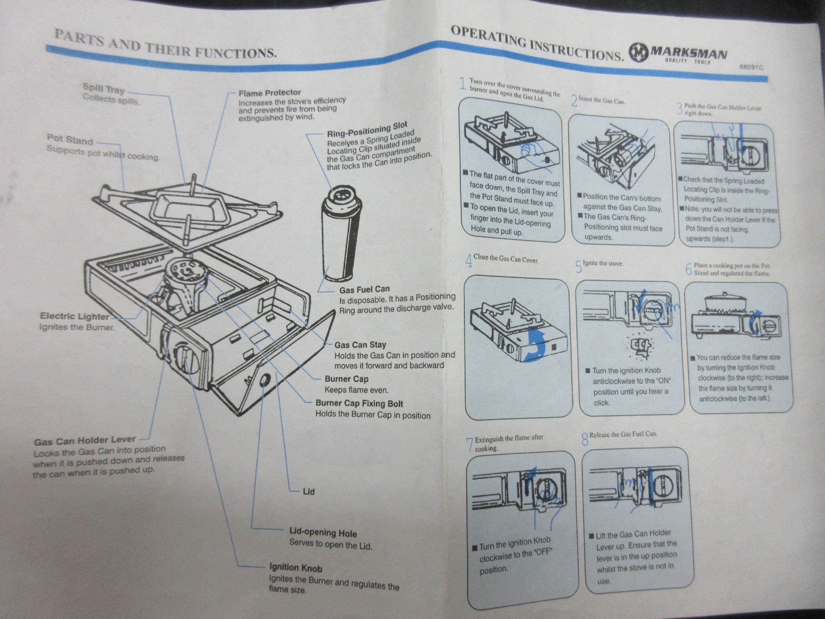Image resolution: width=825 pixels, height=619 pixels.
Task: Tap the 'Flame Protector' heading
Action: (x=269, y=93)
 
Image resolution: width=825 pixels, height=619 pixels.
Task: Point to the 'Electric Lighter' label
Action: (x=74, y=316)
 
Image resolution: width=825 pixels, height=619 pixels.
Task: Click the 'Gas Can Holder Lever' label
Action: (x=85, y=441)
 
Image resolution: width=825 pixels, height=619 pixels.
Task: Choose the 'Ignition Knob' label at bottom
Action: (x=296, y=568)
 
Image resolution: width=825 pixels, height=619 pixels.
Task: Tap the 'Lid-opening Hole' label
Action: (x=323, y=533)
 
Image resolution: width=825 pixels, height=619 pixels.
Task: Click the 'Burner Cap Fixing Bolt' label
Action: (x=359, y=403)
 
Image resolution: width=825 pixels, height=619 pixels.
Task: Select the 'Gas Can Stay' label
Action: (x=360, y=345)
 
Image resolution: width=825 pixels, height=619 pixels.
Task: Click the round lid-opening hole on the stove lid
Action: (x=264, y=380)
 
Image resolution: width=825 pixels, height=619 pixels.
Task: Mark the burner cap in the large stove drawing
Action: (x=185, y=270)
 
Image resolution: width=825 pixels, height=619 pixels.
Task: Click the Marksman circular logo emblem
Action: (x=638, y=52)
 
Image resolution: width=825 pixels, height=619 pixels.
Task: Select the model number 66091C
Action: (x=751, y=67)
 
